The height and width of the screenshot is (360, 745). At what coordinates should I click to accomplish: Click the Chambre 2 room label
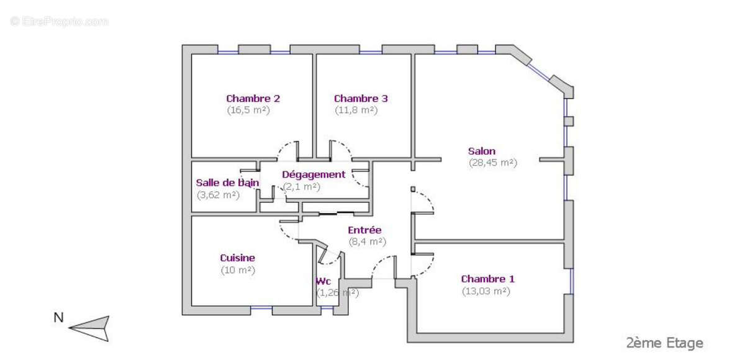click(x=253, y=98)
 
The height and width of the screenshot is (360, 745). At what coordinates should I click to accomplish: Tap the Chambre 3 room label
click(x=361, y=98)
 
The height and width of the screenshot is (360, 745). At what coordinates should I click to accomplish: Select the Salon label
click(x=482, y=151)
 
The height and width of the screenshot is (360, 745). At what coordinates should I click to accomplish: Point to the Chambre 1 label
click(x=487, y=279)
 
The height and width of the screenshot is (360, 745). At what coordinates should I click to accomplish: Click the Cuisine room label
click(x=237, y=258)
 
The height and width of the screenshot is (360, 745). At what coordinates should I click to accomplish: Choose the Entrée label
click(x=364, y=230)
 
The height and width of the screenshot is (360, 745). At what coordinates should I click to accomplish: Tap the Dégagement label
click(x=314, y=174)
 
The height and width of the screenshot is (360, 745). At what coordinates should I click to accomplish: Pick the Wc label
click(x=323, y=281)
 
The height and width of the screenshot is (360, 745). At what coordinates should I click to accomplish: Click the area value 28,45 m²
click(x=493, y=163)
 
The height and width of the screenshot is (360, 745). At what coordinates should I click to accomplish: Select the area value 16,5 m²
click(x=248, y=110)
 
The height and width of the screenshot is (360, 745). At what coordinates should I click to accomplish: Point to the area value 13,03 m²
click(x=485, y=291)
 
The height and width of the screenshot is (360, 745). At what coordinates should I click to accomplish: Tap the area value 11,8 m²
click(x=356, y=110)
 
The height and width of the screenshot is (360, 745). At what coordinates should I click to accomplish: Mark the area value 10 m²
click(x=238, y=270)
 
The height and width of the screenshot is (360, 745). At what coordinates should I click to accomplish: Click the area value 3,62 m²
click(x=218, y=194)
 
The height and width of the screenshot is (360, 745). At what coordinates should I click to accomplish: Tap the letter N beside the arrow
click(x=58, y=318)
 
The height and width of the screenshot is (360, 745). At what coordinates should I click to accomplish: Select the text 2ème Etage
click(x=664, y=343)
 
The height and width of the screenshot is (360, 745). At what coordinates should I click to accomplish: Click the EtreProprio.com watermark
click(x=59, y=21)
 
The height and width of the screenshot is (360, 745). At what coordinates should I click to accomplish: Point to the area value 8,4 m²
click(x=367, y=242)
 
